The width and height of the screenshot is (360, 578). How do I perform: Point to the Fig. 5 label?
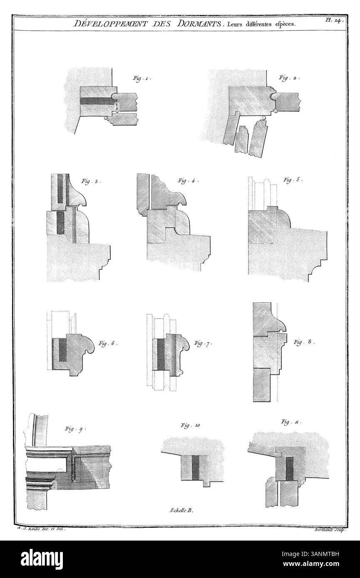click(293, 180)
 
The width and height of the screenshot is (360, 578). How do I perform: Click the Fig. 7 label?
click(203, 343)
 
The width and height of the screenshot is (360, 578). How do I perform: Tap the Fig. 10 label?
click(191, 425)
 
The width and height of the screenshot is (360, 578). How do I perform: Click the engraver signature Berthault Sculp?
click(328, 528)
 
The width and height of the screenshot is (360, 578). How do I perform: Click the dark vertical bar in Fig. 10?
click(196, 469)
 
